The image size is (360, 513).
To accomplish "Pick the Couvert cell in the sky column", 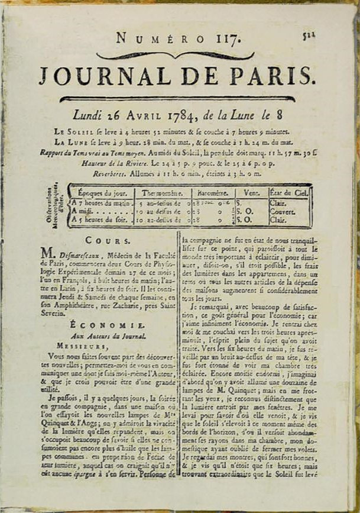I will (283, 212).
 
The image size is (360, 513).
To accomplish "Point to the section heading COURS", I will (108, 240).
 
